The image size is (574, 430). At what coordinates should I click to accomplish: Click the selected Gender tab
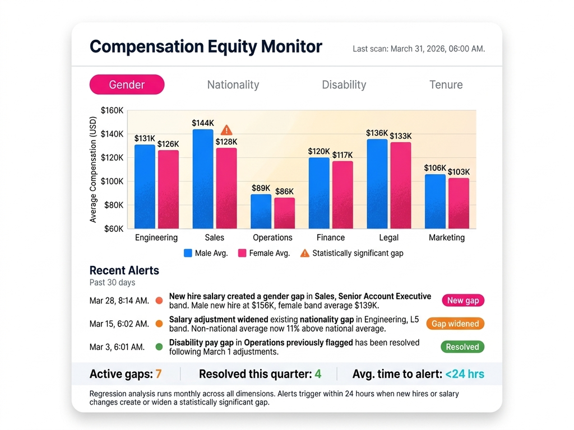127,85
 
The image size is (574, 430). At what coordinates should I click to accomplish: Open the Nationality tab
233,85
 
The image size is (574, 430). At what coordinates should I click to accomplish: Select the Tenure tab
446,85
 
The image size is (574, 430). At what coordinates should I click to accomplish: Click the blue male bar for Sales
203,179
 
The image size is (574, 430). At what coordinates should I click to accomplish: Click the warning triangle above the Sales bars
226,130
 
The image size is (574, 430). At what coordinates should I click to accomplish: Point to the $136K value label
377,133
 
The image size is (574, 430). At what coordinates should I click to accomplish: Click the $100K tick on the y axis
112,181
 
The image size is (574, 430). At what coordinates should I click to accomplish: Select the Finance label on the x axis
330,237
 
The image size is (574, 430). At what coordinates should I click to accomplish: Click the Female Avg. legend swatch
242,253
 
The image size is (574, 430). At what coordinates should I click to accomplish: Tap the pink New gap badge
462,300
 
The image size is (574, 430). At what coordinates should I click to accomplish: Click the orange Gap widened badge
455,324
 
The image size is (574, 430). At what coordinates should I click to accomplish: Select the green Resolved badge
462,347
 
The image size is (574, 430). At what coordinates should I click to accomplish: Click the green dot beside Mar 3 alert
159,347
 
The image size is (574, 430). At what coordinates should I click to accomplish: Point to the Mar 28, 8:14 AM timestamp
119,301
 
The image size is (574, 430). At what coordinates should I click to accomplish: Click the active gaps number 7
159,374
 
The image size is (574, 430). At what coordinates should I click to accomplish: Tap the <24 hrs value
465,374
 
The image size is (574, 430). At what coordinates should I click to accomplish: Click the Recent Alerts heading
124,270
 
